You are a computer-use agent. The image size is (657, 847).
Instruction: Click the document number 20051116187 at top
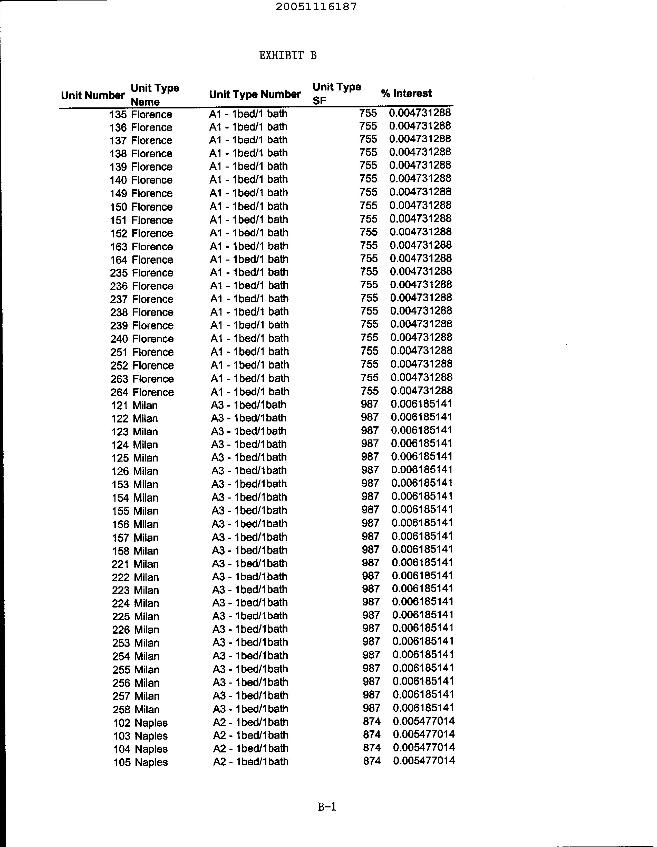pos(316,7)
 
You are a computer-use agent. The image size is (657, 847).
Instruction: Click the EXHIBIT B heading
pos(288,56)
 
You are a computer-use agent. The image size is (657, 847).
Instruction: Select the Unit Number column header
pos(93,95)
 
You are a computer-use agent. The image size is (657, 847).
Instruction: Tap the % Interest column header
pos(406,94)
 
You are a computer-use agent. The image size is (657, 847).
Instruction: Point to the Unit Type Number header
pos(255,94)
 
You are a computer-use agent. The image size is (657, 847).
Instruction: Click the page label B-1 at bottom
pos(327,807)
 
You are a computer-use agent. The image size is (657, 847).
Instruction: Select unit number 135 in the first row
pos(118,114)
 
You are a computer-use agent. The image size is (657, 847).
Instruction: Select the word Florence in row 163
pos(152,247)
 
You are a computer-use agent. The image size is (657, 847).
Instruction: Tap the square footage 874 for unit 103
pos(372,734)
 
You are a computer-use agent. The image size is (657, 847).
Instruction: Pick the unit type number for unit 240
pos(250,338)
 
